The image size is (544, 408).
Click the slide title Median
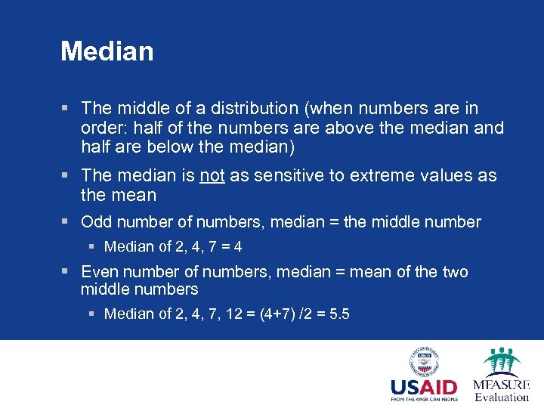[x=107, y=51]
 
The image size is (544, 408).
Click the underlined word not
[x=212, y=176]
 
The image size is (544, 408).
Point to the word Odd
[x=96, y=222]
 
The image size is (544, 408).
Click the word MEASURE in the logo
[x=501, y=385]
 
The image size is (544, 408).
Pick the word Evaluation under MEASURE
[x=501, y=397]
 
